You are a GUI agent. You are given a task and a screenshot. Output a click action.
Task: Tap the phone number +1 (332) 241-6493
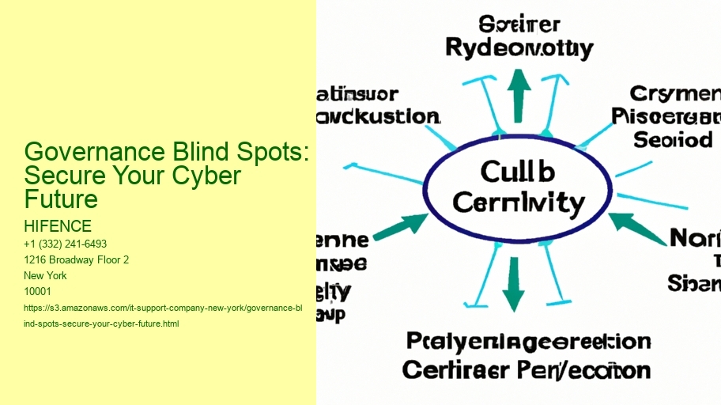[x=66, y=244]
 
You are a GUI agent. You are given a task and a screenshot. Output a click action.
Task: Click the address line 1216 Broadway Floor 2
[x=76, y=259]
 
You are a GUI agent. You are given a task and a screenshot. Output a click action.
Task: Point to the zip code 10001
[x=37, y=291]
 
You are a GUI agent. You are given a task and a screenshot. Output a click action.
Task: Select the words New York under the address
[x=46, y=275]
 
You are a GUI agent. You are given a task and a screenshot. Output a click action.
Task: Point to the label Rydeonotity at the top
[x=519, y=49]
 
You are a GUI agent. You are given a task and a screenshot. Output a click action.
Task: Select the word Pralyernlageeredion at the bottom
[x=529, y=342]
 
